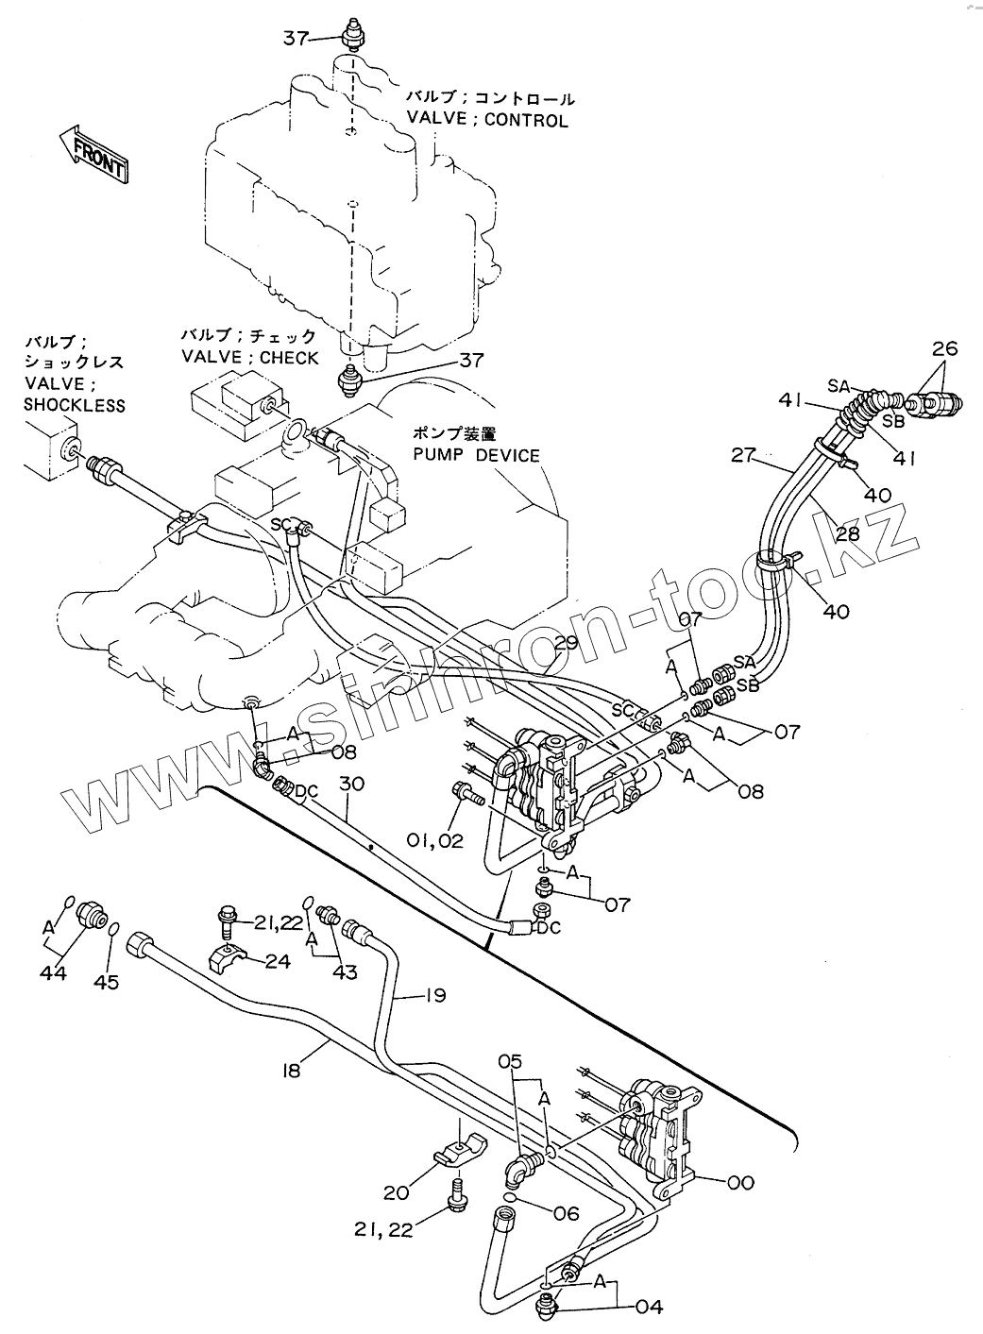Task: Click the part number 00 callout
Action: coord(742,1182)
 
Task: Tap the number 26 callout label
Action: coord(944,349)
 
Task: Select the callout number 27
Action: coord(745,457)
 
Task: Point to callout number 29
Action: coord(565,644)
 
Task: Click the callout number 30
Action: coord(351,784)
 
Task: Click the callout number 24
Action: coord(278,961)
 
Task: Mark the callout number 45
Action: coord(107,983)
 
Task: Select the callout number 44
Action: coord(53,972)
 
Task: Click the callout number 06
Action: coord(566,1213)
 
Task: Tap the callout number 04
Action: coord(650,1308)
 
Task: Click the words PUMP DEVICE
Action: coord(476,455)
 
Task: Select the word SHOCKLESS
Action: coord(75,405)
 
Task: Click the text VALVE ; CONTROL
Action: coord(487,121)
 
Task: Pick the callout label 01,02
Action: coord(435,839)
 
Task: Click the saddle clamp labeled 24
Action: coord(230,958)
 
